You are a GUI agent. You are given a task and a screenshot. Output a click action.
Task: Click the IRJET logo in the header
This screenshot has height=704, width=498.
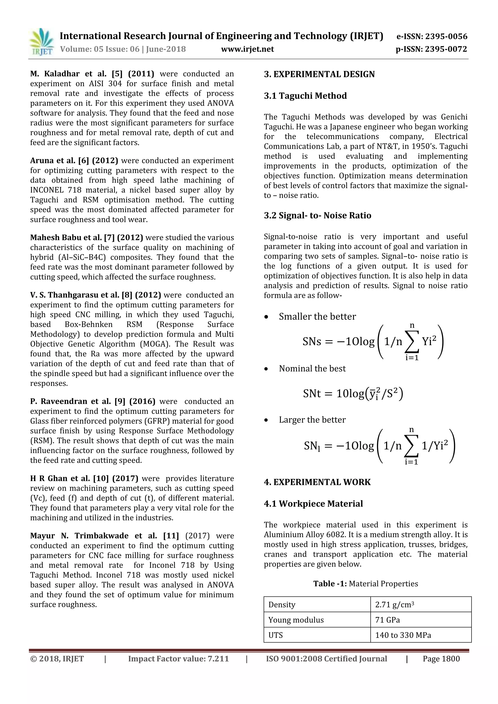[x=41, y=42]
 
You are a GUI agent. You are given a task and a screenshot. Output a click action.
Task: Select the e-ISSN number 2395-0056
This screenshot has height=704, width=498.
[x=446, y=36]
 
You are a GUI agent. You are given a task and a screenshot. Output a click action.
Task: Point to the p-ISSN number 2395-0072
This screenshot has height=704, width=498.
[x=446, y=49]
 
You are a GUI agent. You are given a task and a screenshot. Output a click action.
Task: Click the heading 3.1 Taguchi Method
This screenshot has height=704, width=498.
[x=305, y=96]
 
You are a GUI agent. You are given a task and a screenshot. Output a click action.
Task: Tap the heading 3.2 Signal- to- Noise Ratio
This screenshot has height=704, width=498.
[x=317, y=216]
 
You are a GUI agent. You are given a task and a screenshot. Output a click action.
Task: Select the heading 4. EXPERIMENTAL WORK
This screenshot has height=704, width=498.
[x=317, y=482]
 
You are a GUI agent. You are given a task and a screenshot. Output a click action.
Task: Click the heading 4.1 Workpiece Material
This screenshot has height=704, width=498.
[x=313, y=503]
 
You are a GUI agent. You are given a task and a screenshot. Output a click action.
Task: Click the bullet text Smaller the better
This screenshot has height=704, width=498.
[x=317, y=317]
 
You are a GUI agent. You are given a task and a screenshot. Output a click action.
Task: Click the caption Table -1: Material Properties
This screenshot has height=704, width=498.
[x=365, y=583]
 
